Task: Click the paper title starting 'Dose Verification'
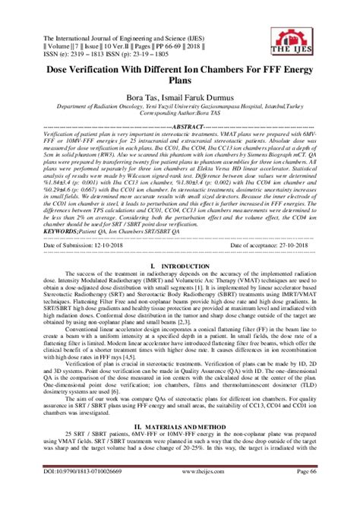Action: tap(179, 66)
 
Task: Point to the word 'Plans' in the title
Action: tap(180, 79)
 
